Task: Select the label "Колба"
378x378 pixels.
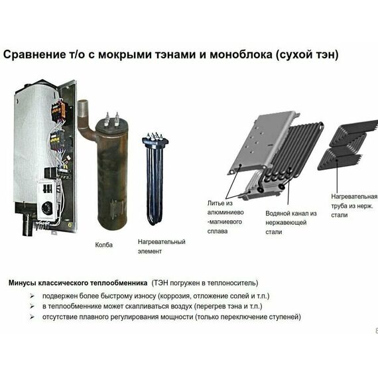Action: coord(104,245)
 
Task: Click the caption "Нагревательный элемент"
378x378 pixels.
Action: coord(161,246)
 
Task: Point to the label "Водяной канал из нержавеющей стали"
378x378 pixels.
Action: coord(291,222)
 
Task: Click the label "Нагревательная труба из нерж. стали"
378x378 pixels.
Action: coord(353,206)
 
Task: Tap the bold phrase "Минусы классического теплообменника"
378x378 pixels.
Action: coord(78,283)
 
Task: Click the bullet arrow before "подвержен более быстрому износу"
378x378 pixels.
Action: coord(33,295)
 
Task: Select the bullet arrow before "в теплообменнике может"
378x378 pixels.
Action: coord(33,306)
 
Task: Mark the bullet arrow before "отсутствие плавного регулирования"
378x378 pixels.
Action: coord(33,318)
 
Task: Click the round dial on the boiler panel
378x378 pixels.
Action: coord(46,208)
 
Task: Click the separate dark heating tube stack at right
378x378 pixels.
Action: coord(346,145)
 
